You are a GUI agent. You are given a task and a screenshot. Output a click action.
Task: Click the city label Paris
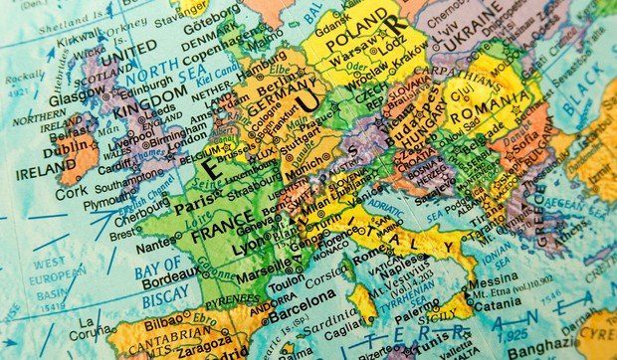pyautogui.click(x=195, y=207)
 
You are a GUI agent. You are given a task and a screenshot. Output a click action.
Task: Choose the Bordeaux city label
pyautogui.click(x=165, y=279)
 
